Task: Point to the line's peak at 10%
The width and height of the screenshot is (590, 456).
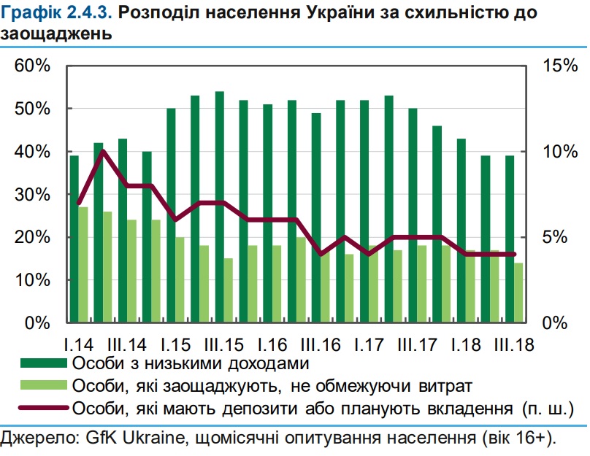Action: pos(103,151)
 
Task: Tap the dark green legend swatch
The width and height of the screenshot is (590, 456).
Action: pos(45,363)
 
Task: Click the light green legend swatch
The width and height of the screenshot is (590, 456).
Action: pos(45,384)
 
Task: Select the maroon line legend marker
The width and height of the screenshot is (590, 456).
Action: pos(45,406)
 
